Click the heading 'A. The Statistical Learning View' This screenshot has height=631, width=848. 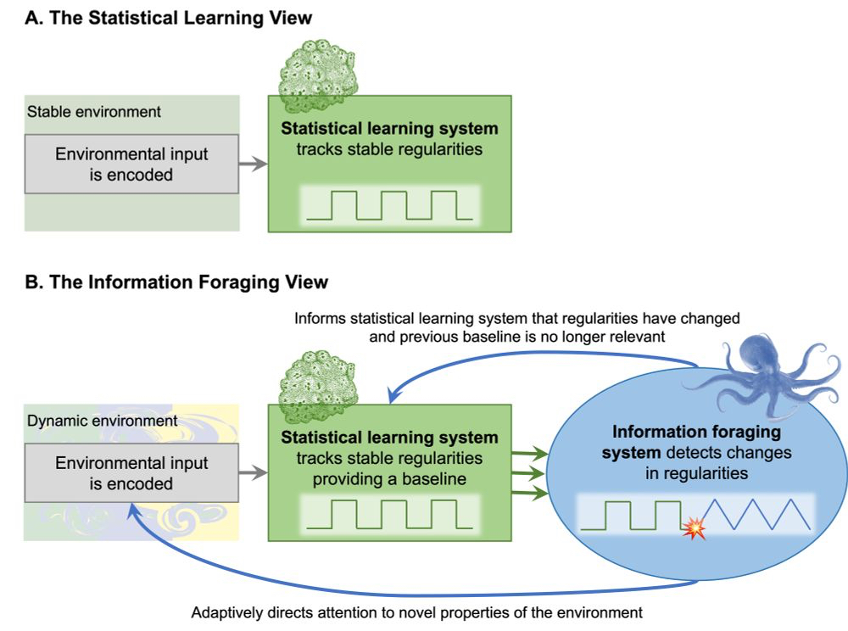[x=169, y=20]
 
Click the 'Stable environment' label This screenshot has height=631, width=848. [x=94, y=111]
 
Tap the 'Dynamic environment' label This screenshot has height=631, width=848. [x=103, y=420]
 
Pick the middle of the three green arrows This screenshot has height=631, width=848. [x=526, y=473]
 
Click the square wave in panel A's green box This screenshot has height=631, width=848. [x=389, y=205]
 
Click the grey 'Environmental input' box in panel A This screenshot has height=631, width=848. [x=131, y=165]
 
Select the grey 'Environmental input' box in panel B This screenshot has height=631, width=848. [x=131, y=473]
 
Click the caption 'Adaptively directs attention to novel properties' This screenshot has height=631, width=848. [x=416, y=611]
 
